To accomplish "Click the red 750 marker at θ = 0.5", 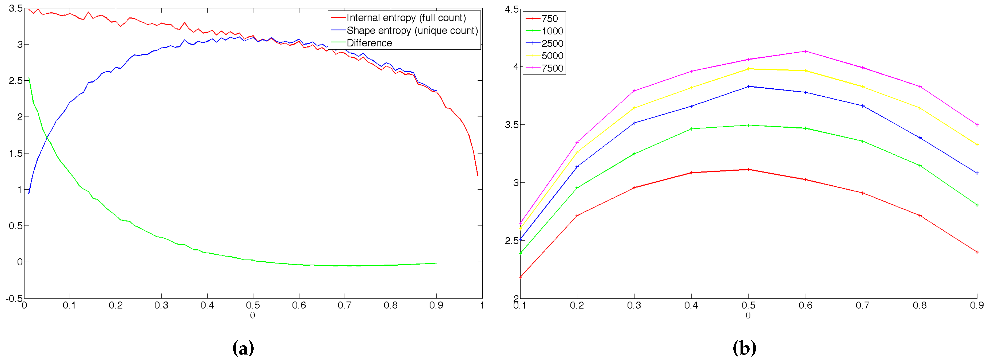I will [x=748, y=169].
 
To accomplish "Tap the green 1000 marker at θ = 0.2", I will [x=577, y=188].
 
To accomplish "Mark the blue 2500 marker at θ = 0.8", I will [x=920, y=138].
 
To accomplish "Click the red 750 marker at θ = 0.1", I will [x=520, y=277].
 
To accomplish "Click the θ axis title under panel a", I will [x=252, y=316].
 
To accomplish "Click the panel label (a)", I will [x=243, y=348].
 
